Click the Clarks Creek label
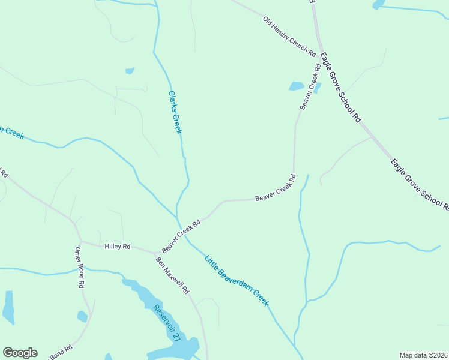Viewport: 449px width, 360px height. [x=175, y=112]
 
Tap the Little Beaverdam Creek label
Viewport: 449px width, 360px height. [x=237, y=281]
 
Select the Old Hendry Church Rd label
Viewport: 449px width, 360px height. [x=289, y=37]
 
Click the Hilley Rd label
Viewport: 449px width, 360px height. [x=118, y=246]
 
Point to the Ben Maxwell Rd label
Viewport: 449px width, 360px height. [x=173, y=275]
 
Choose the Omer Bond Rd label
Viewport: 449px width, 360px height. [x=79, y=268]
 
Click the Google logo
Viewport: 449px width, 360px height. [x=20, y=353]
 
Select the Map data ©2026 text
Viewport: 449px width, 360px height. [x=424, y=355]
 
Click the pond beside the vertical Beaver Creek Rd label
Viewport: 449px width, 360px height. [x=297, y=86]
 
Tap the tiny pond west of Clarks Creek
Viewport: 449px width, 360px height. [x=130, y=71]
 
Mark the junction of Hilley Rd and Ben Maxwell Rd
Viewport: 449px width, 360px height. [x=155, y=252]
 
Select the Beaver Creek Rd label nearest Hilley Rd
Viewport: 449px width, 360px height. [x=180, y=235]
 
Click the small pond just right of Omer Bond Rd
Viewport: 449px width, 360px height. [x=82, y=316]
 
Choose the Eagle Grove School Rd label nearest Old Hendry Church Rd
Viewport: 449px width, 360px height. [x=340, y=88]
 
